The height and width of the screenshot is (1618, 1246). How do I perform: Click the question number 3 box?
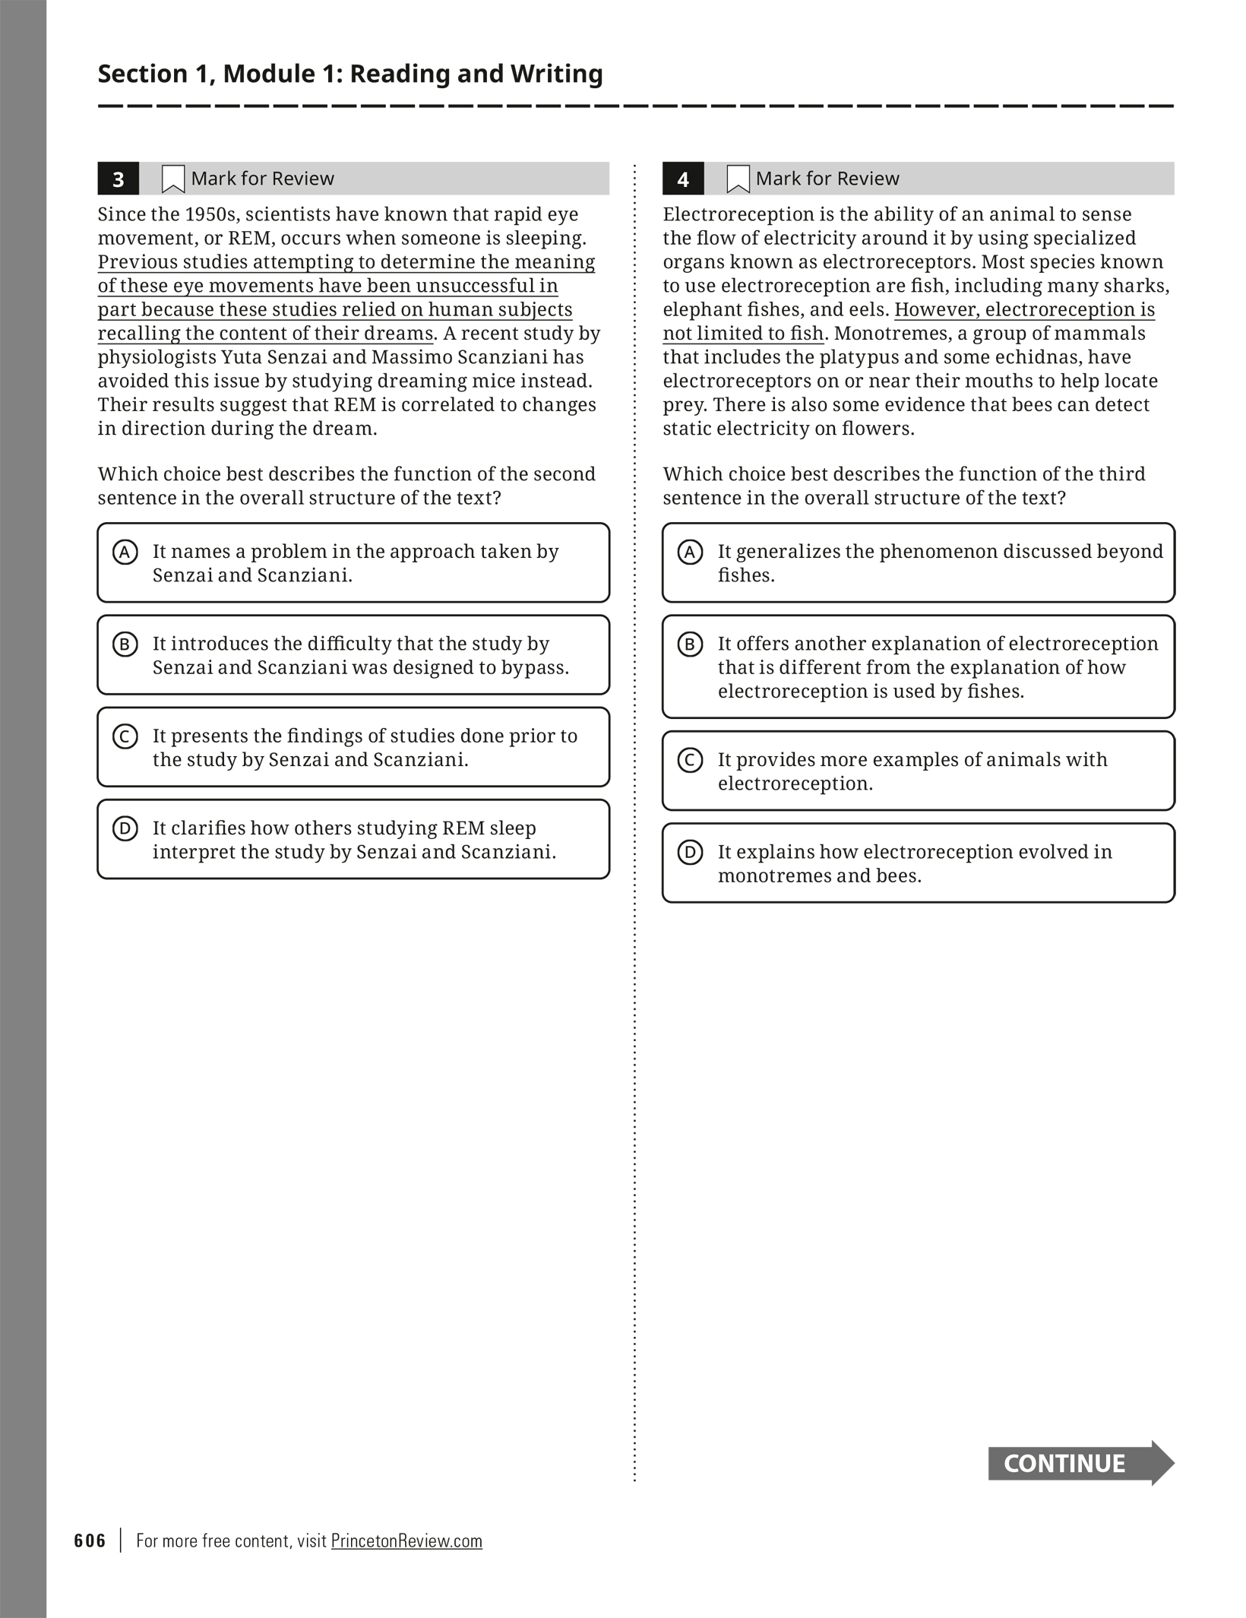[x=118, y=179]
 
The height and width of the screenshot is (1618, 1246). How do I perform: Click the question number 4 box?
[x=682, y=179]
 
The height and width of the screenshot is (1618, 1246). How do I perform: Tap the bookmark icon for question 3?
[x=173, y=179]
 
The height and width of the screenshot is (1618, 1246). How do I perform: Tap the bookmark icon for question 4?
[x=738, y=179]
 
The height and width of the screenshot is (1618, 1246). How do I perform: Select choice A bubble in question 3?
[x=125, y=552]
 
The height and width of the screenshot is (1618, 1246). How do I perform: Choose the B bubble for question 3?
[x=125, y=644]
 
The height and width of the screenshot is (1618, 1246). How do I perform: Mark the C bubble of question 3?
[x=125, y=736]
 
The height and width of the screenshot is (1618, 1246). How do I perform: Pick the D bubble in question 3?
[x=125, y=828]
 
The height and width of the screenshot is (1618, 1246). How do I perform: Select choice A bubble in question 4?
[x=690, y=552]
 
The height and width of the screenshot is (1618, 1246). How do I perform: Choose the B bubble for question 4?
[x=690, y=644]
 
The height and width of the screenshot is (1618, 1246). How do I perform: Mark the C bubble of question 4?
[x=690, y=760]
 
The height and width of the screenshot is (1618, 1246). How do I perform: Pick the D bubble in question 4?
[x=690, y=852]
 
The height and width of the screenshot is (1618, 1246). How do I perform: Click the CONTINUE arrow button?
[x=1080, y=1463]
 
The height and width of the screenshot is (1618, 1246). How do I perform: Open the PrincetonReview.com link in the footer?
[x=406, y=1540]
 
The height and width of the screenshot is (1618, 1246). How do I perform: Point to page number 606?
[x=90, y=1540]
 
